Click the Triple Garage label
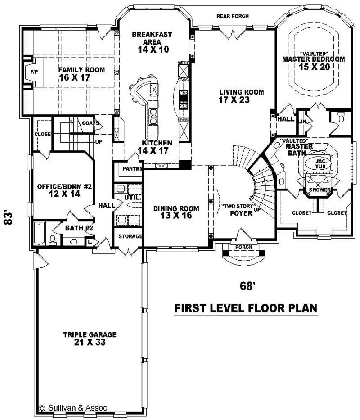coord(90,339)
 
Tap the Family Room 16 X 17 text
coord(81,74)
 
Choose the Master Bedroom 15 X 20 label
coord(313,63)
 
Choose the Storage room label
coord(130,236)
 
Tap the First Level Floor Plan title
coord(246,308)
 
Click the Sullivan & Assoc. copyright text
coord(74,408)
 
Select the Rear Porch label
coord(232,16)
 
